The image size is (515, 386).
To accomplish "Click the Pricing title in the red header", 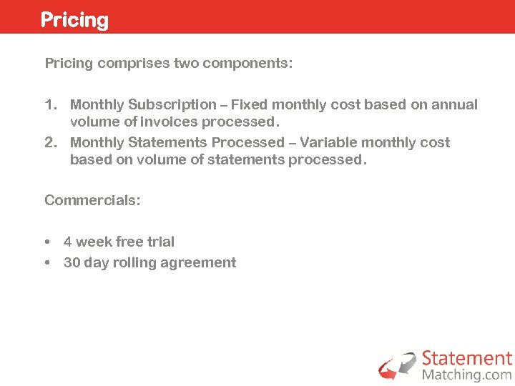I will tap(74, 19).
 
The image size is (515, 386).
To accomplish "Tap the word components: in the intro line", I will tap(247, 63).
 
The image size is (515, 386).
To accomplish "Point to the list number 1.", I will tap(50, 105).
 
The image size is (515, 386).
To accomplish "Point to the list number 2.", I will tap(50, 142).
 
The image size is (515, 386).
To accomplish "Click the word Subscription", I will tap(172, 105).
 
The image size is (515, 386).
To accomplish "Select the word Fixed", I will tap(249, 105).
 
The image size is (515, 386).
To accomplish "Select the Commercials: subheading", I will tap(92, 200).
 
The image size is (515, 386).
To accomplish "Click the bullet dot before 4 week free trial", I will tap(47, 242).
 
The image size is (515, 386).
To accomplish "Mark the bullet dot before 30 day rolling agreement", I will tap(47, 263).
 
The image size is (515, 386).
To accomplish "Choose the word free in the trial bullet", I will tap(130, 242).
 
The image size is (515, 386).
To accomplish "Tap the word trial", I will tap(162, 242).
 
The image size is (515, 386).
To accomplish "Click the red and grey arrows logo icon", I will tap(397, 366).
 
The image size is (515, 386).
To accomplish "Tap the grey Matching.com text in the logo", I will tap(467, 375).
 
